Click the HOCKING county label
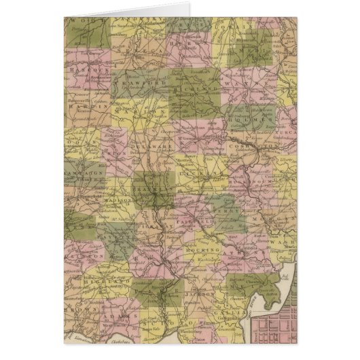point(201,251)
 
